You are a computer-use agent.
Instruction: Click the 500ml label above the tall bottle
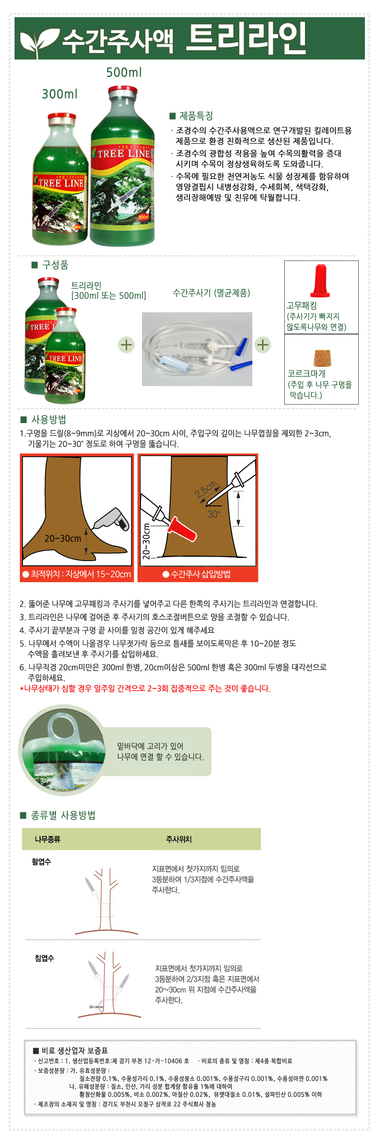[124, 72]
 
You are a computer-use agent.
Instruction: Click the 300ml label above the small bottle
[59, 94]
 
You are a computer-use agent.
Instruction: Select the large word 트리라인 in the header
[246, 38]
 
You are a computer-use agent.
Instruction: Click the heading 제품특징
[196, 115]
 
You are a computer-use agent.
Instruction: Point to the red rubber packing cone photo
[320, 281]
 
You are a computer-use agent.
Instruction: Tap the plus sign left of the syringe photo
[126, 345]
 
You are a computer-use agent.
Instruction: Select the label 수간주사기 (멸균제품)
[212, 293]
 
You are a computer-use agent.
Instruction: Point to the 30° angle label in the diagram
[214, 514]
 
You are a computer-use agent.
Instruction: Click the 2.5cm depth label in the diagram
[207, 489]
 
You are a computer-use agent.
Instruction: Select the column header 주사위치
[178, 839]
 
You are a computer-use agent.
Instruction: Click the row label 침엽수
[45, 958]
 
